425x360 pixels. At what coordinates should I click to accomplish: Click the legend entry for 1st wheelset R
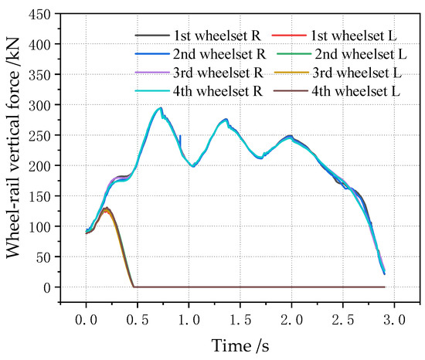199,36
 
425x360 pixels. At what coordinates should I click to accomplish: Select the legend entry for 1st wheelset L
331,36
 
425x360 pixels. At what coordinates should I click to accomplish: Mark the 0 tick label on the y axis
49,287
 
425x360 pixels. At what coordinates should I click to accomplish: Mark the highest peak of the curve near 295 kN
160,108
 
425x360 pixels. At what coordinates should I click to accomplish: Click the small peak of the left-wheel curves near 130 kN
106,209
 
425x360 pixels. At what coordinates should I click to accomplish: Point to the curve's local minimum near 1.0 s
192,166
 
